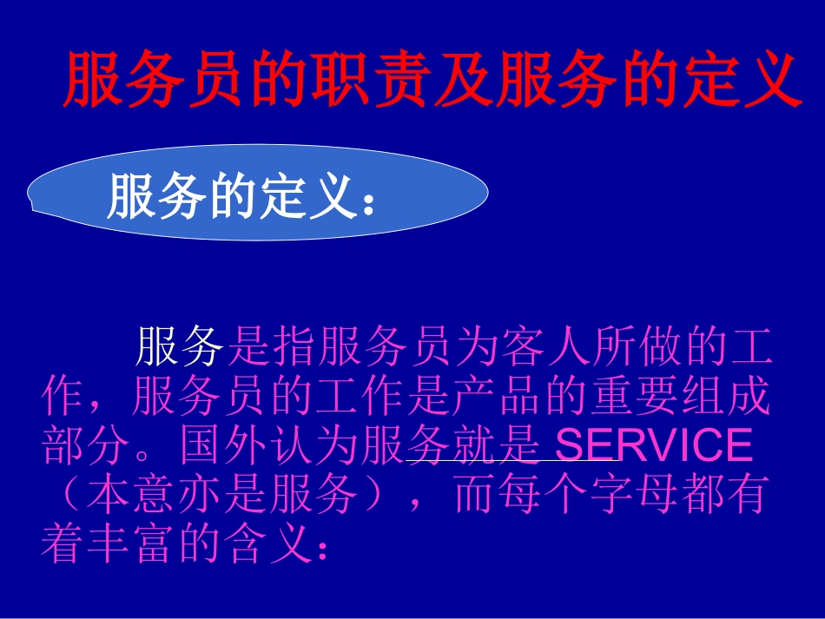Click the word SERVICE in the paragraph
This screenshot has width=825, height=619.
pos(653,445)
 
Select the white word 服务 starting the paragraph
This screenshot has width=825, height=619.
pos(180,347)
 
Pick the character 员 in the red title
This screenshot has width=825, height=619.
pos(221,80)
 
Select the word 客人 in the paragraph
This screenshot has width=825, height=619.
pos(545,347)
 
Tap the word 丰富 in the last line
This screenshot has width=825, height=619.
pos(134,544)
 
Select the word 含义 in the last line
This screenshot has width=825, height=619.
pos(270,544)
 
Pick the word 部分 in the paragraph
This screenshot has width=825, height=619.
pos(87,445)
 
